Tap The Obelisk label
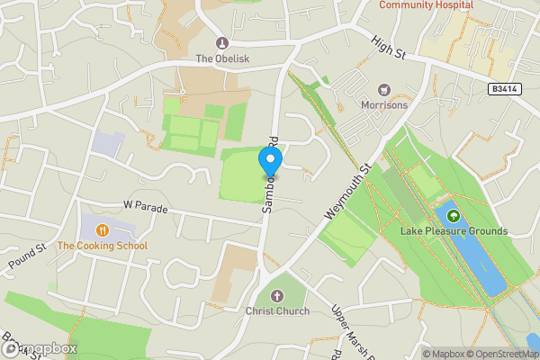click(x=222, y=59)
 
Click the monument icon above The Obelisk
click(x=222, y=43)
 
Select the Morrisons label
click(x=384, y=105)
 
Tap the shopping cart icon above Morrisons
click(x=384, y=89)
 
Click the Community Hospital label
click(x=426, y=4)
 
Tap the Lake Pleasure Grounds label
click(x=454, y=231)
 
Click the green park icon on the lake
click(x=454, y=216)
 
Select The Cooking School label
click(x=102, y=246)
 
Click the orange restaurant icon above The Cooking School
click(x=103, y=229)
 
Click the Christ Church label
click(x=277, y=311)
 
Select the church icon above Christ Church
click(x=277, y=296)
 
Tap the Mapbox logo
click(x=40, y=348)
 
